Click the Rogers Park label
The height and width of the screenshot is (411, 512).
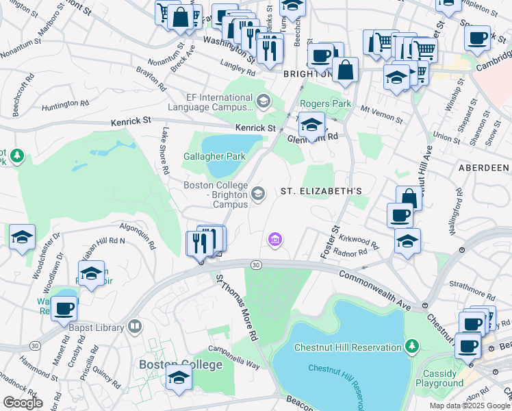coord(327,104)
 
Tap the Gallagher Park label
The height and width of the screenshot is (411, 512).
coord(214,156)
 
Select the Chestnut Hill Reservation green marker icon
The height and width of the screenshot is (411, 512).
coord(411,347)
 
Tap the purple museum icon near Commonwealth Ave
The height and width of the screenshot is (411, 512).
coord(274,239)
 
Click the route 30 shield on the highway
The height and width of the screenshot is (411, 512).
coord(256,264)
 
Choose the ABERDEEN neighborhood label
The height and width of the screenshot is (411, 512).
coord(485,167)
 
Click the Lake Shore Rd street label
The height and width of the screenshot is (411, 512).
coord(164,145)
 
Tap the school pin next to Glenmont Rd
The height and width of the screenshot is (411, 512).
coord(311,125)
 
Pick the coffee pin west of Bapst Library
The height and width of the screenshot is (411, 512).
coord(64,308)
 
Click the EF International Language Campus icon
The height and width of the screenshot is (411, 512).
coord(262,102)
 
